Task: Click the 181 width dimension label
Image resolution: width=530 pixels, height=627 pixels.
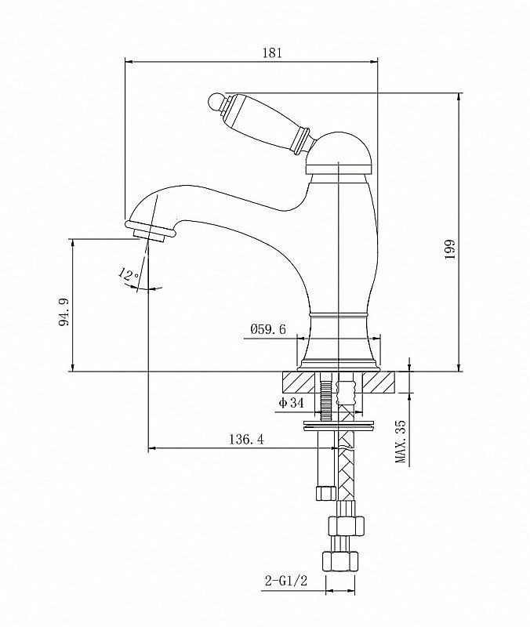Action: tap(269, 53)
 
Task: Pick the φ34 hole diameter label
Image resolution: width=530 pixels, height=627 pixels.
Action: tap(291, 403)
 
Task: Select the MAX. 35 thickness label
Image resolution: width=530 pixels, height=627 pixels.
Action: tap(401, 441)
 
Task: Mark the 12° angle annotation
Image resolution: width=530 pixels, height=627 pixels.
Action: tap(129, 274)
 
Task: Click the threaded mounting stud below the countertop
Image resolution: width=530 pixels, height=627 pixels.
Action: tap(326, 399)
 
